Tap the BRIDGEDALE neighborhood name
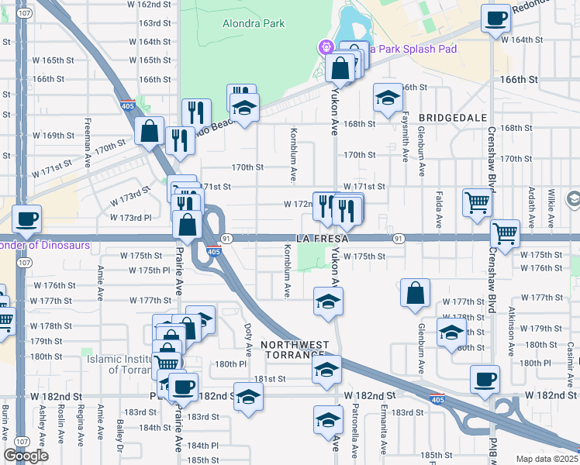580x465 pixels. pos(453,117)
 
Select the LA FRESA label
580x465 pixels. pos(318,238)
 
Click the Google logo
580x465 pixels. pos(26,456)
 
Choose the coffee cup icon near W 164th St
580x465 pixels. pos(495,18)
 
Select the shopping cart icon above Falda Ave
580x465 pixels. pos(477,203)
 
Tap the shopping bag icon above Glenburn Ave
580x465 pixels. pos(416,293)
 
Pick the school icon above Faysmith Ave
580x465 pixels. pos(388,98)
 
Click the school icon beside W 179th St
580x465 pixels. pos(451,332)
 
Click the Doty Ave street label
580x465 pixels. pos(247,338)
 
